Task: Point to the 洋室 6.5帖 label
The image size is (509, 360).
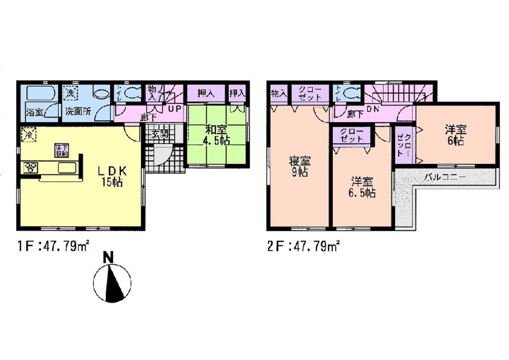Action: [362, 187]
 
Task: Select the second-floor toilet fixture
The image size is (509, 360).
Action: [351, 93]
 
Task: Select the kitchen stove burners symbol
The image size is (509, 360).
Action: [31, 168]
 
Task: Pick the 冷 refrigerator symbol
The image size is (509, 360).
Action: [29, 134]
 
